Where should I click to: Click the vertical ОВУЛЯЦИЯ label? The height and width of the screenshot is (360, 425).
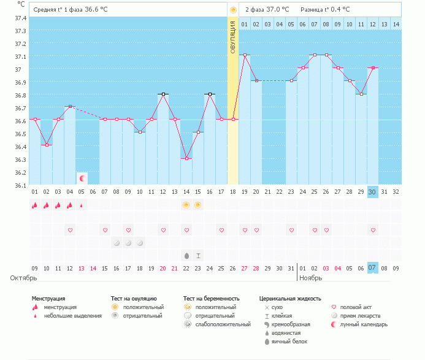click(233, 37)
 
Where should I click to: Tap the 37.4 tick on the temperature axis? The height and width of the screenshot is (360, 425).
click(20, 17)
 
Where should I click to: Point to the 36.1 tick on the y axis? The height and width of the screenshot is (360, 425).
click(20, 185)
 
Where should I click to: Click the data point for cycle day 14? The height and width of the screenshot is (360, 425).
click(186, 158)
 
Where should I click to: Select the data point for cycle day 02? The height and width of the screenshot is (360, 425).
click(46, 145)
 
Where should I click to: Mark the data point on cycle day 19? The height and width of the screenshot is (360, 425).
click(245, 55)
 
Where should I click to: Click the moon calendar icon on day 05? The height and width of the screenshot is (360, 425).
click(82, 178)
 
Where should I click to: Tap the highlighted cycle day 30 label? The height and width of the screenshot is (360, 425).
click(372, 191)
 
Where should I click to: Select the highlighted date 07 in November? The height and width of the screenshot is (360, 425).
click(372, 267)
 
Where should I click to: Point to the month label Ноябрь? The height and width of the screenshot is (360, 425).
click(311, 278)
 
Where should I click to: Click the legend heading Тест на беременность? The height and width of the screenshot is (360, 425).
click(209, 298)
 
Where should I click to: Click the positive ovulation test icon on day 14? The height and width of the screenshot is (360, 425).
click(186, 204)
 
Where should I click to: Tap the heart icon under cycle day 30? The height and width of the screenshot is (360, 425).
click(372, 230)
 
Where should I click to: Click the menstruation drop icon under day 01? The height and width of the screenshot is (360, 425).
click(35, 204)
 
